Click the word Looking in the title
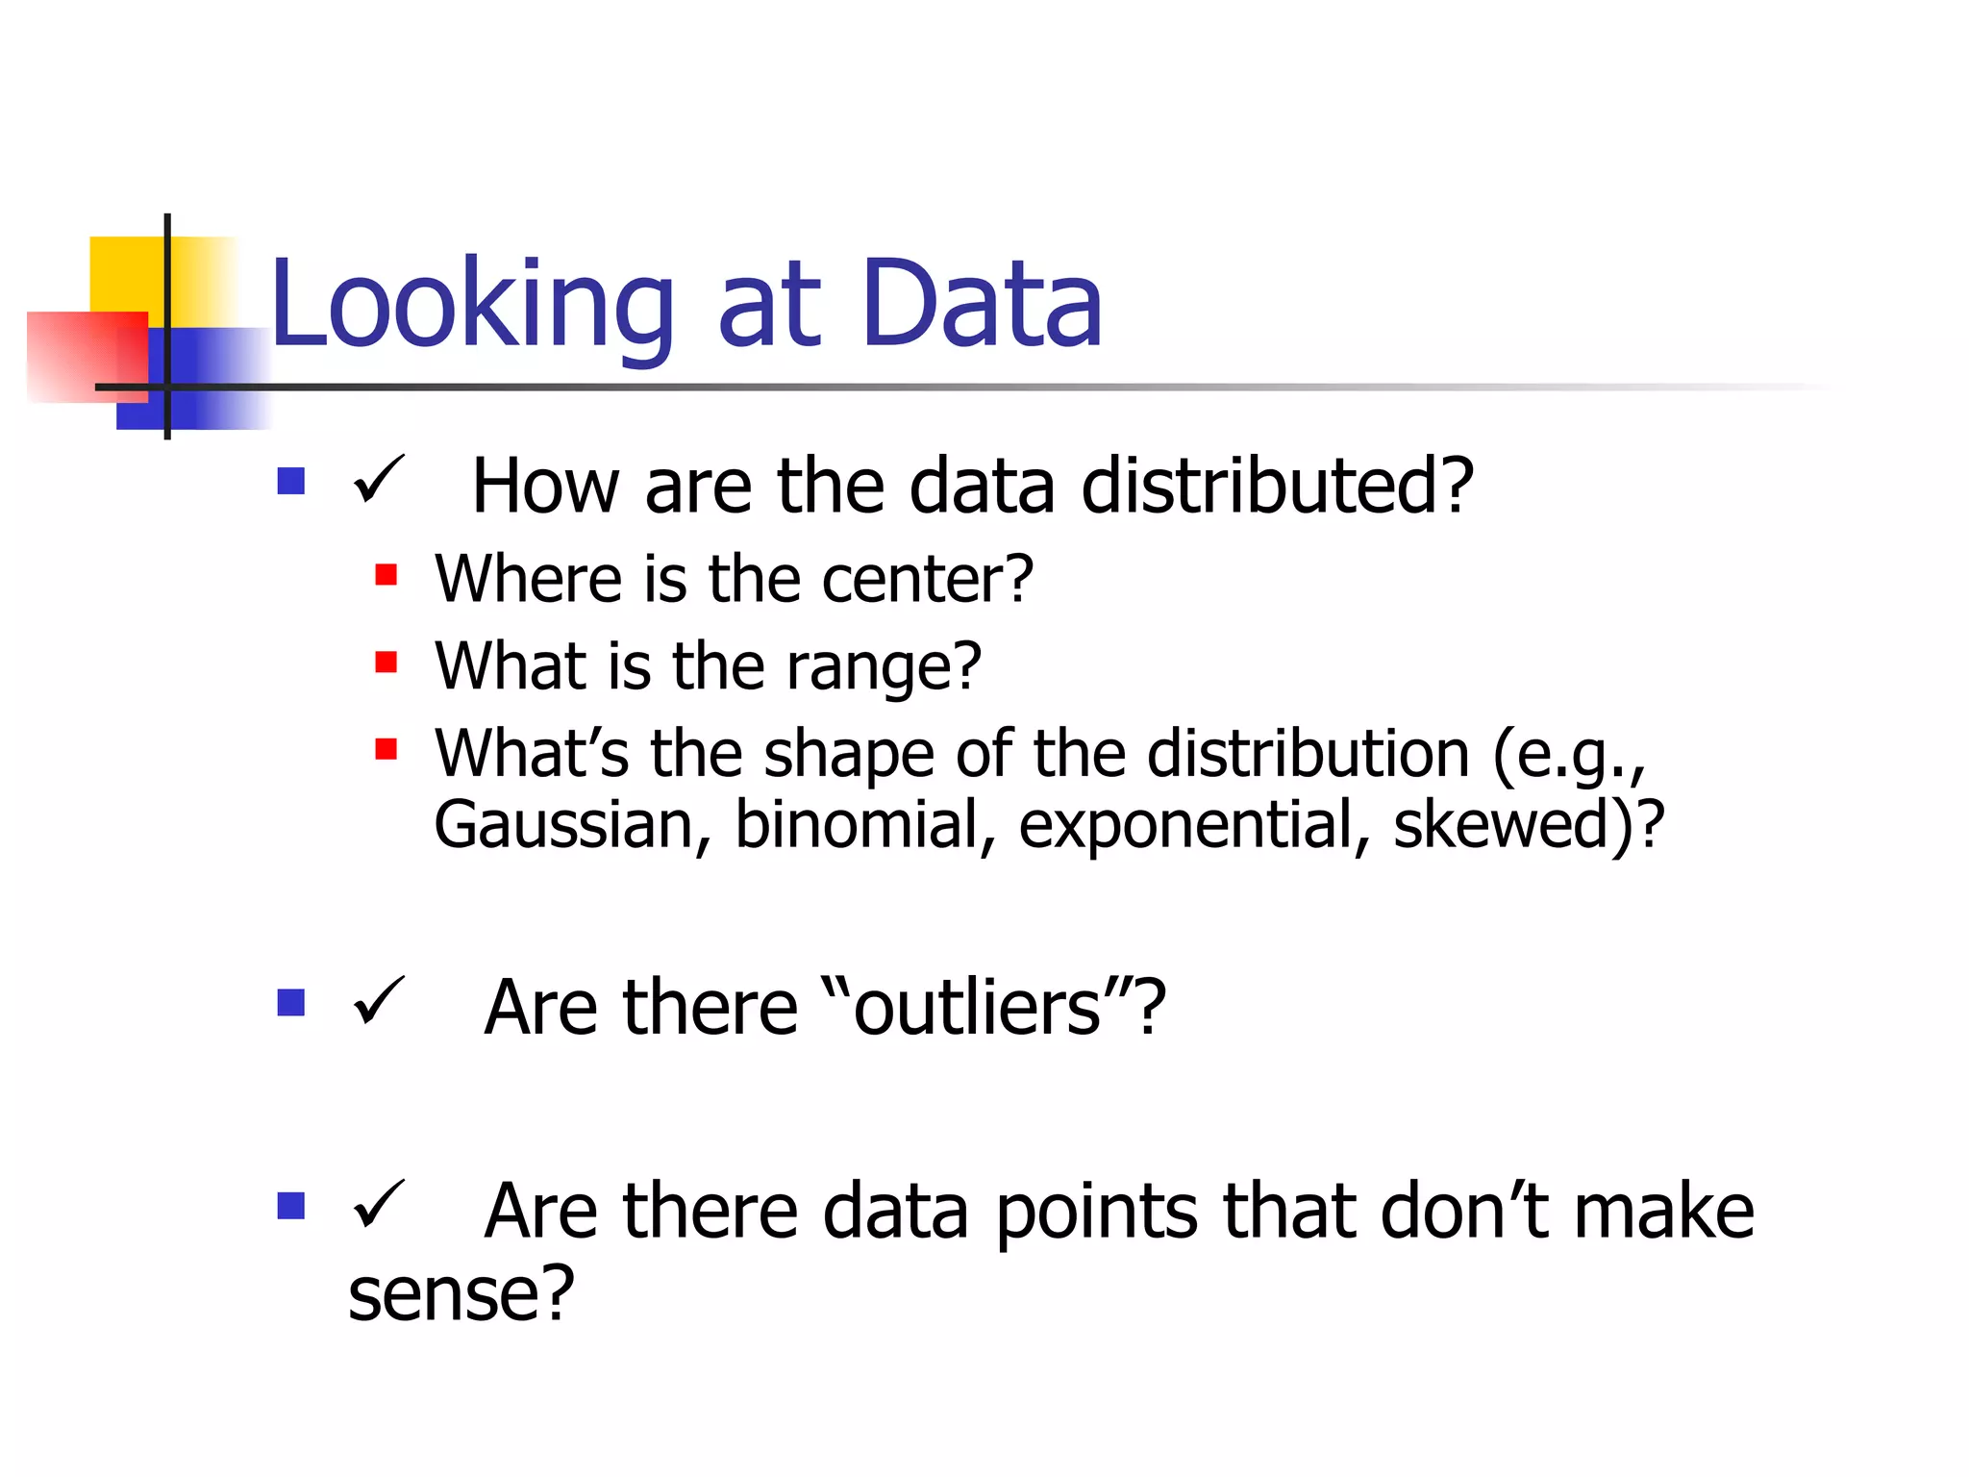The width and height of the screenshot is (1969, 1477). click(471, 306)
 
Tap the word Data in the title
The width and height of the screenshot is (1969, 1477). click(982, 306)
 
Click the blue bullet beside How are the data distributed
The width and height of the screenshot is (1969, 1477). click(290, 481)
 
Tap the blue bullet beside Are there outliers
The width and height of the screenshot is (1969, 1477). click(290, 1003)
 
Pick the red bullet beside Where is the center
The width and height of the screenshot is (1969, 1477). click(386, 575)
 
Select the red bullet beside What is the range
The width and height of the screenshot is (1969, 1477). click(386, 662)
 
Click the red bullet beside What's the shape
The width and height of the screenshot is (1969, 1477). click(386, 748)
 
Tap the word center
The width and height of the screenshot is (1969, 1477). click(926, 580)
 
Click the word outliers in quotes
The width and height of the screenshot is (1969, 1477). click(977, 1009)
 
